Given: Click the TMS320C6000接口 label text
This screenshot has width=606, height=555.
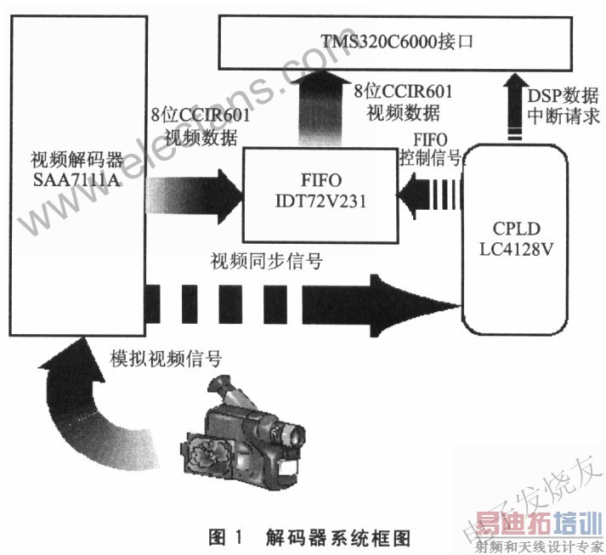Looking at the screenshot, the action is click(x=397, y=41).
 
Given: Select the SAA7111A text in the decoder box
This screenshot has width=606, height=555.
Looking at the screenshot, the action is click(x=76, y=180).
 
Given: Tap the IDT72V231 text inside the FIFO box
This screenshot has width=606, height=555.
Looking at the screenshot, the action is click(x=320, y=201).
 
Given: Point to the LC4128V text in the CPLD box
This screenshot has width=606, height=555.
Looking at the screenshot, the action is click(x=517, y=249).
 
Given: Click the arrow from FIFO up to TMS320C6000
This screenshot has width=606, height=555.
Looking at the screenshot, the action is click(x=320, y=108).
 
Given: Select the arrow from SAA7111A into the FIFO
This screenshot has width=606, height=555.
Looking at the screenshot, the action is click(x=195, y=196).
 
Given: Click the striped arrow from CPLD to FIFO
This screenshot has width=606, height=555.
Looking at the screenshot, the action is click(x=429, y=195).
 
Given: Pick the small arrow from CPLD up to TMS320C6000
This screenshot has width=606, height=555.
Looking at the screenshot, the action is click(x=516, y=106).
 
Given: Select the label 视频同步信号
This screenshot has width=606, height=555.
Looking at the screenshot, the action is click(x=266, y=261).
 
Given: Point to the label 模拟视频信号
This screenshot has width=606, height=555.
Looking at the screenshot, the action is click(x=166, y=359).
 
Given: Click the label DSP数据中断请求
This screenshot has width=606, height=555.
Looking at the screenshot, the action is click(x=564, y=106).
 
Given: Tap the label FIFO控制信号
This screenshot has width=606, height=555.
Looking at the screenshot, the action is click(x=430, y=150).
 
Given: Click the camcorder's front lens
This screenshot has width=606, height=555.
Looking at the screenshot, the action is click(x=294, y=433).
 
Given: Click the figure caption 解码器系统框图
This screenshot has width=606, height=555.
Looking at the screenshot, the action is click(x=337, y=538).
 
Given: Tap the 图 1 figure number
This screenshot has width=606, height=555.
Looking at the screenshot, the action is click(x=226, y=538).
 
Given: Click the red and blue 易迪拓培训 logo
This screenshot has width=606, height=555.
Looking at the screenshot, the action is click(x=539, y=524).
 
